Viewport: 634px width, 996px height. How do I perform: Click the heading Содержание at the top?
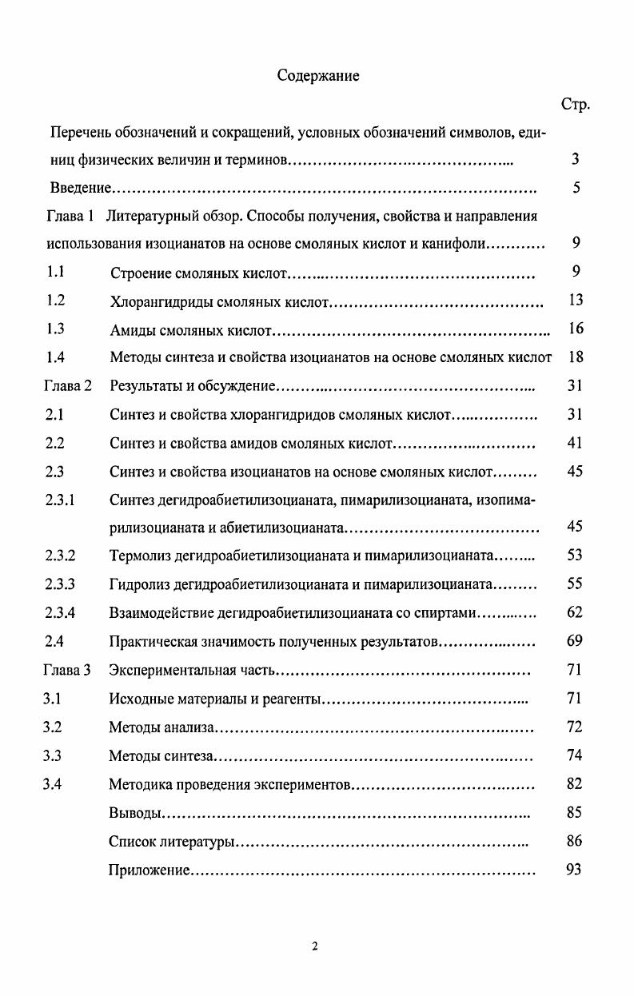[x=317, y=76]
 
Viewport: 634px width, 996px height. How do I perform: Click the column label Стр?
[x=575, y=105]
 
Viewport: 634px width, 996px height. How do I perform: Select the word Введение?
[x=79, y=189]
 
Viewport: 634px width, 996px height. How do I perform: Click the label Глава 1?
[x=70, y=216]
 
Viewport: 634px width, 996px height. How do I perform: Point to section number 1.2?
[x=55, y=301]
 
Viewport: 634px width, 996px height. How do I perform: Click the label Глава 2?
[x=67, y=386]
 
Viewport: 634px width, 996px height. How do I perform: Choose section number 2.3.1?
[x=60, y=500]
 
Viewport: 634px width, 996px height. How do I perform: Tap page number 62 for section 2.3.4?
[x=575, y=612]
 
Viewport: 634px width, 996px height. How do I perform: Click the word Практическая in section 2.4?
[x=152, y=641]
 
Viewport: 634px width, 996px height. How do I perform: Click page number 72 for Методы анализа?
[x=575, y=727]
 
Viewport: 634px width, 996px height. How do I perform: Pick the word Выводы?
[x=136, y=813]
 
